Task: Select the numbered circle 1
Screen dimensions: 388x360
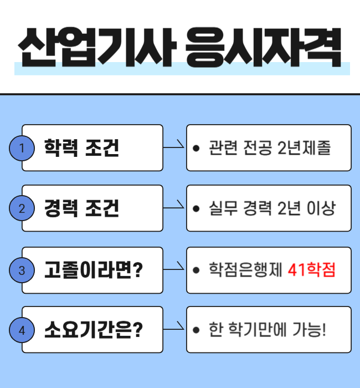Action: point(22,148)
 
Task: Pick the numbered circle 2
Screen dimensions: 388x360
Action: point(22,209)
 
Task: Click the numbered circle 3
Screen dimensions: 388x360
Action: point(22,270)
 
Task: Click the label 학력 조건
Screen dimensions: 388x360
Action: point(81,148)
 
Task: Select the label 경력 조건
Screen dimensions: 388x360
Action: point(81,209)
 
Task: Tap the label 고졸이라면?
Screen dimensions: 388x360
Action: point(94,270)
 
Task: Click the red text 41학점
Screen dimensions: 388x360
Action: point(312,270)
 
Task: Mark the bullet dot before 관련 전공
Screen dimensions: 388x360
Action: point(196,149)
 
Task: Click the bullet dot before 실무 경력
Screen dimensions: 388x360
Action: point(196,210)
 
